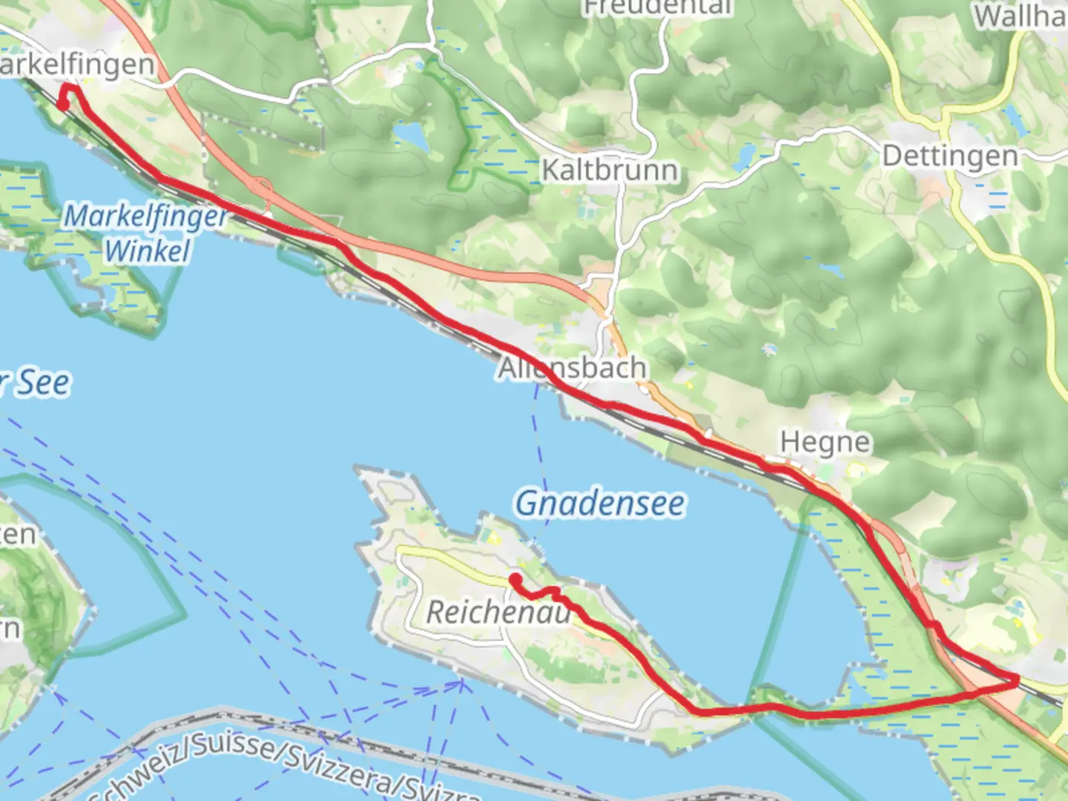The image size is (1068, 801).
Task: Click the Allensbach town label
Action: point(572,368)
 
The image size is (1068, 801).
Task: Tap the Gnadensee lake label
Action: point(600,504)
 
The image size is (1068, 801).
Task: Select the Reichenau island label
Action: point(498,613)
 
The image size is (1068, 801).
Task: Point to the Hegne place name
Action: point(825,443)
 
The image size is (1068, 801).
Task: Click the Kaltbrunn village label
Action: point(610,170)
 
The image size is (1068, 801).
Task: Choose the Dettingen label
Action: point(950,156)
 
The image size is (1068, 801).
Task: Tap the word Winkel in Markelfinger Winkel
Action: point(148,251)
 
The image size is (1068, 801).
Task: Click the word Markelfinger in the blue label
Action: point(146,217)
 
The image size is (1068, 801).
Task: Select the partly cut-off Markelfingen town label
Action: point(77,65)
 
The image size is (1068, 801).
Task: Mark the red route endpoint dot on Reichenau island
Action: point(514,578)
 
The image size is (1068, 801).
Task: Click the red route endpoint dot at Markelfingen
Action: point(63,105)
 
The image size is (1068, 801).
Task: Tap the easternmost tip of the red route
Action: point(1017,680)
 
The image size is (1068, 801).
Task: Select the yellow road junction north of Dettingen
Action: point(946,117)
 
